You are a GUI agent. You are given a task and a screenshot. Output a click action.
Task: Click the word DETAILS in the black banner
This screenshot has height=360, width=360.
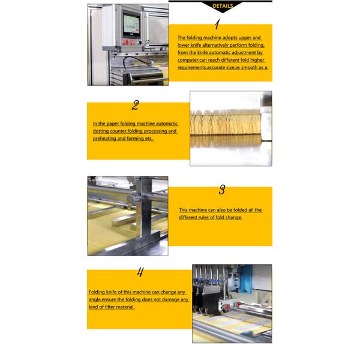point(223,6)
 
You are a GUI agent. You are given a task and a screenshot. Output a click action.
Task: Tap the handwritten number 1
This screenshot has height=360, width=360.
point(217,24)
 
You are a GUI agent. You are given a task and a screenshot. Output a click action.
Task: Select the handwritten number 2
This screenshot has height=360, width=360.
point(136,105)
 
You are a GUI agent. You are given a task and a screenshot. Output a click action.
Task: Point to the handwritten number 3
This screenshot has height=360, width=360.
point(222,190)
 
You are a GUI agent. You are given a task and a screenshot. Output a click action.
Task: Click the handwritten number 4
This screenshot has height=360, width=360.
point(140,272)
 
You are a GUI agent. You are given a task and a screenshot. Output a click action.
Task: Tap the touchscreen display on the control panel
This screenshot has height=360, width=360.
point(131,25)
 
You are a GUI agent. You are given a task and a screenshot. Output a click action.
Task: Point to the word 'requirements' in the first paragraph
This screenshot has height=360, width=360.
point(191,67)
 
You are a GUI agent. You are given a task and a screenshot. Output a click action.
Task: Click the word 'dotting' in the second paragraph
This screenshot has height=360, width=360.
point(101,131)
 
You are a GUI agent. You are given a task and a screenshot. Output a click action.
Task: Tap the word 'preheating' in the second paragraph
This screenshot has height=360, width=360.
point(104,139)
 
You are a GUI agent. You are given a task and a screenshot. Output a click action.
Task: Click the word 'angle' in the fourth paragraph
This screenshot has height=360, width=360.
point(95,300)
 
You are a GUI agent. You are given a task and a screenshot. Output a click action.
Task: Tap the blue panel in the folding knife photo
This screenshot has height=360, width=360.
point(245,278)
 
